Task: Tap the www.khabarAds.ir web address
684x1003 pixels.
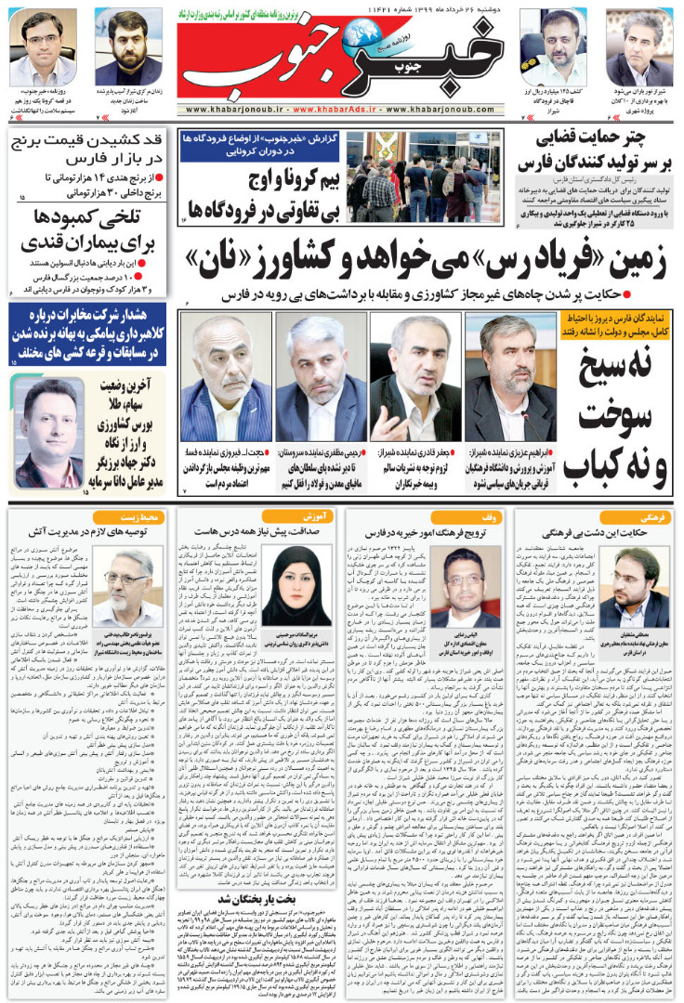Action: pyautogui.click(x=342, y=109)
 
